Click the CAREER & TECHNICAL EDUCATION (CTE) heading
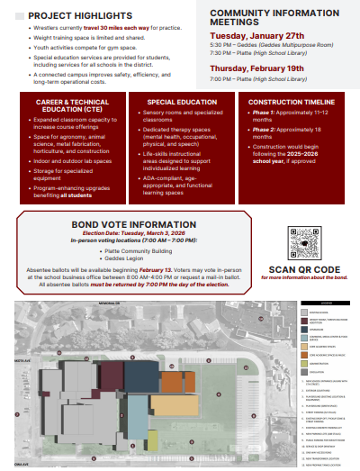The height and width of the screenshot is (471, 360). (71, 107)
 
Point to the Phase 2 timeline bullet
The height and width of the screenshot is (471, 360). (291, 132)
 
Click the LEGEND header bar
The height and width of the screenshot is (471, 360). (328, 304)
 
